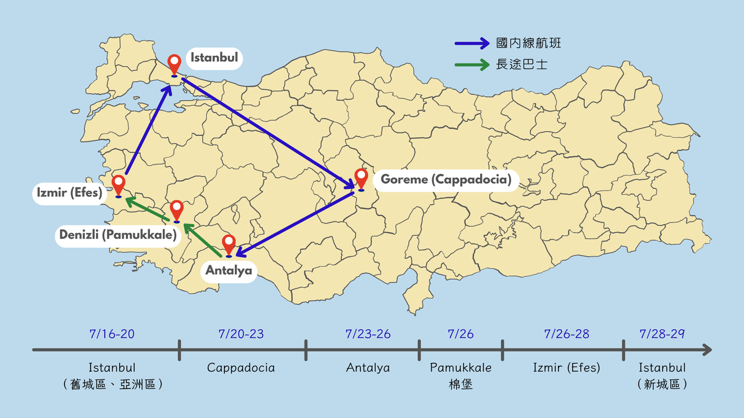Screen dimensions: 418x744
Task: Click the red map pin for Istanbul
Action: [174, 64]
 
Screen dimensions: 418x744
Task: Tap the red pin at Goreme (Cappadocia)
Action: [361, 178]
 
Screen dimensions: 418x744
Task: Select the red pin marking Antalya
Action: [229, 244]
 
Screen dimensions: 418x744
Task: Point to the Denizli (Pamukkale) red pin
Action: [177, 210]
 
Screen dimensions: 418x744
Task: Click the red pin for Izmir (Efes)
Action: [119, 185]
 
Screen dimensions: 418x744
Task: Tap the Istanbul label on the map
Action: [214, 58]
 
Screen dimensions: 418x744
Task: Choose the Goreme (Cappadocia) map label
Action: [446, 179]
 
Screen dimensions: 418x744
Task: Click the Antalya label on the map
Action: [229, 271]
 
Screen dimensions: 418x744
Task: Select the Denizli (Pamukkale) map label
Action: [117, 235]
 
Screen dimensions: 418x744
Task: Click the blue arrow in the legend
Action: [472, 42]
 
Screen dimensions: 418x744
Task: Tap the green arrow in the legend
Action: [472, 64]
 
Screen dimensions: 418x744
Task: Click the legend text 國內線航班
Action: [528, 43]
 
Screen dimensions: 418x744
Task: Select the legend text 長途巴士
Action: [521, 64]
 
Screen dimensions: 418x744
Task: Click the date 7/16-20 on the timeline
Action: [112, 334]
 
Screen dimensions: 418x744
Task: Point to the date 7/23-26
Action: [368, 334]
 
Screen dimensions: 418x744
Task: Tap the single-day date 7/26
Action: [460, 334]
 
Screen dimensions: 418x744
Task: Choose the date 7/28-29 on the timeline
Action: [662, 334]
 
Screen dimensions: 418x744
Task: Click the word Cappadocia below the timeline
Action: [241, 368]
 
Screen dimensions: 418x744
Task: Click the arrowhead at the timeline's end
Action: [706, 349]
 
